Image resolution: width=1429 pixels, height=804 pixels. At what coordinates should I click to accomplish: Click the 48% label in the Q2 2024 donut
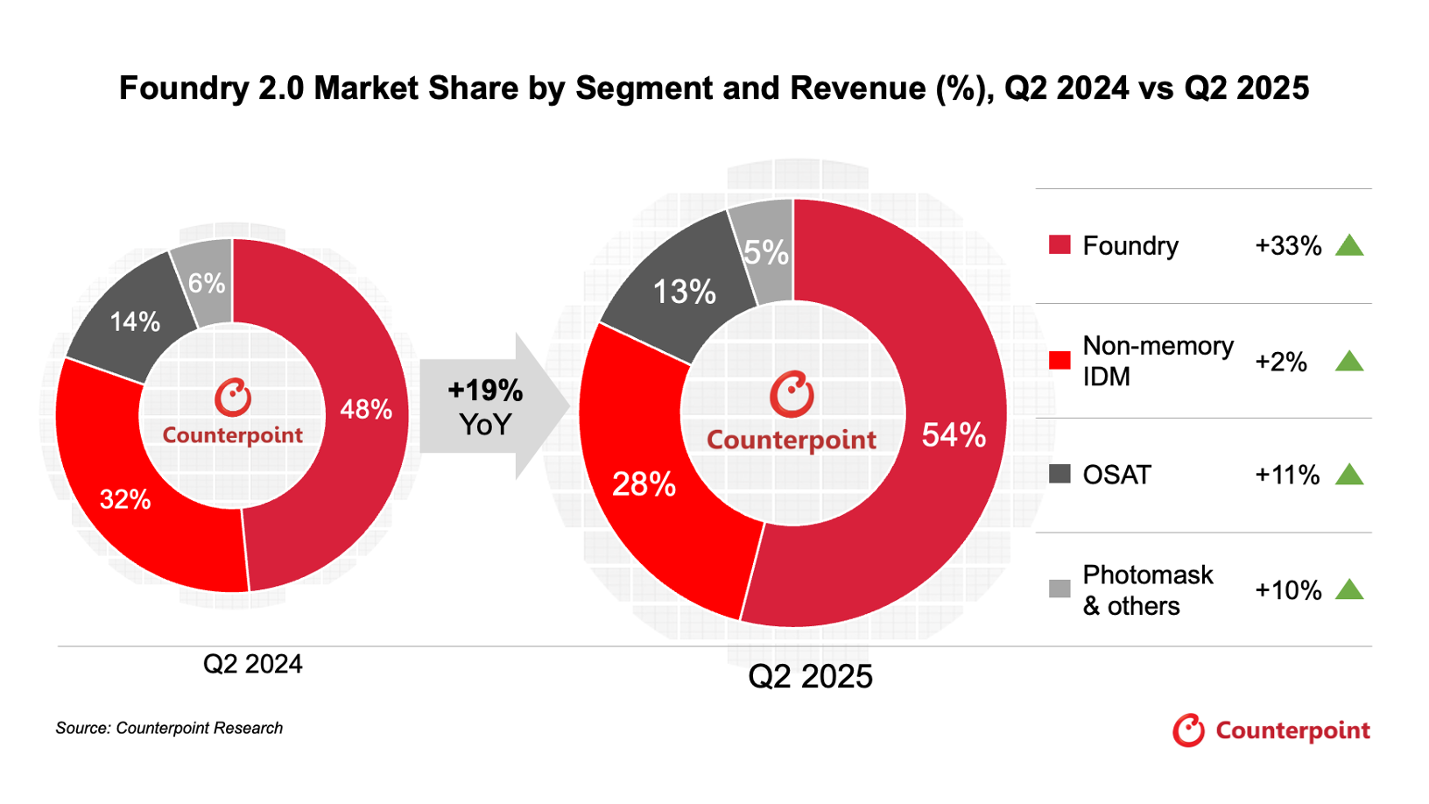(x=366, y=409)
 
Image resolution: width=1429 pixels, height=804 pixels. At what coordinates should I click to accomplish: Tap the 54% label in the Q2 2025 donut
(x=954, y=435)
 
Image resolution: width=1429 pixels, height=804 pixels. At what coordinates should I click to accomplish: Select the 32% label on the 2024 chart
(x=125, y=500)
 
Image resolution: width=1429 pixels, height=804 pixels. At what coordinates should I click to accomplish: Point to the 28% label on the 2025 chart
(x=644, y=484)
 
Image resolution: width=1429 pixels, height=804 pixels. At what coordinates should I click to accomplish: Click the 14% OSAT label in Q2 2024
(x=135, y=322)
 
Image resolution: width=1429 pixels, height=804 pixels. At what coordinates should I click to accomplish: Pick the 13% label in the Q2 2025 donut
(x=684, y=292)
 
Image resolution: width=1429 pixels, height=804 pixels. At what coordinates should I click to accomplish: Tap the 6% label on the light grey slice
(x=207, y=284)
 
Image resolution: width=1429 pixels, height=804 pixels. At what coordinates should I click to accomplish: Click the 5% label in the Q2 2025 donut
(x=766, y=253)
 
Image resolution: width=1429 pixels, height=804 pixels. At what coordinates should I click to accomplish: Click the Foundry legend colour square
(x=1059, y=245)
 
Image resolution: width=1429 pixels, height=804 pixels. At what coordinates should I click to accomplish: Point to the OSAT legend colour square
(x=1059, y=475)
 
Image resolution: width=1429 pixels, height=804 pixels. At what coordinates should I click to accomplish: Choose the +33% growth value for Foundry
(x=1287, y=246)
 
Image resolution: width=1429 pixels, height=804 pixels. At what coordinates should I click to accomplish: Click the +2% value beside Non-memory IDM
(x=1280, y=362)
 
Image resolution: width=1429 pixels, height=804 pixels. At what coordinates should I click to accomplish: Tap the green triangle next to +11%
(x=1349, y=475)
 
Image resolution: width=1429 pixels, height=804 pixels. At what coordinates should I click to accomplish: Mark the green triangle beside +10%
(x=1349, y=589)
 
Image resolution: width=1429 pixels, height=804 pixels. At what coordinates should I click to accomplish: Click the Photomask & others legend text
(x=1147, y=590)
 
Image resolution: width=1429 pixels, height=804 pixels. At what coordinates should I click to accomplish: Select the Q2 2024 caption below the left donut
(x=252, y=664)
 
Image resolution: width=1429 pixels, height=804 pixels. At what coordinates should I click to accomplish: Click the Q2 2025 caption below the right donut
(x=810, y=676)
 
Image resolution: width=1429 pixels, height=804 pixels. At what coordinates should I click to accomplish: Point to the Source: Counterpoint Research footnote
(x=169, y=728)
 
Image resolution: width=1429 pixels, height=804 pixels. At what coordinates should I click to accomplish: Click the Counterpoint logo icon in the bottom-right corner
(x=1188, y=730)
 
